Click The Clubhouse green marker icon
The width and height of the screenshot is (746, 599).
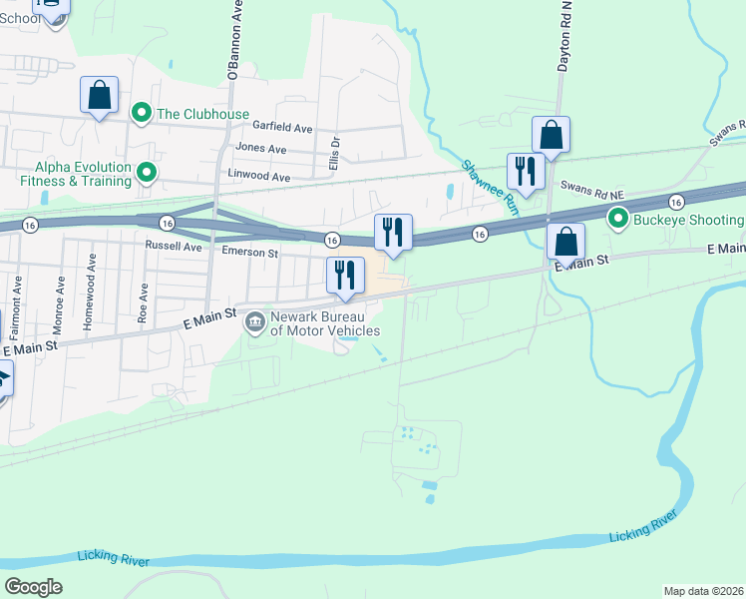coord(142,114)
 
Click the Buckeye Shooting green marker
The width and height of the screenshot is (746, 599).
coord(618,219)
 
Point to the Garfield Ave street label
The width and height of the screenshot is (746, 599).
coord(282,129)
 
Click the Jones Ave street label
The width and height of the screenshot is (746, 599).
coord(260,149)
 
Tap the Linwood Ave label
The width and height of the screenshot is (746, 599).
coord(259,177)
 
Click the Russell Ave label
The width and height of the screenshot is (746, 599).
coord(174,246)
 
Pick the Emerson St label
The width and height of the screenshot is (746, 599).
coord(249,253)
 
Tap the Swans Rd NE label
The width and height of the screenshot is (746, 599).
coord(591,186)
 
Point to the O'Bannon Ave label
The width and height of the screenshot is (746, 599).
coord(234,40)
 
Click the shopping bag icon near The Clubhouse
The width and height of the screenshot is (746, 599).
coord(99,96)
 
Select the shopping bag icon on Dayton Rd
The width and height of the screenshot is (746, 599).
coord(551,135)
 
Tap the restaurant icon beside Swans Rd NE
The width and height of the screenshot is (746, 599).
coord(524,171)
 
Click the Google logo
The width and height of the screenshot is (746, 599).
coord(33,587)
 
